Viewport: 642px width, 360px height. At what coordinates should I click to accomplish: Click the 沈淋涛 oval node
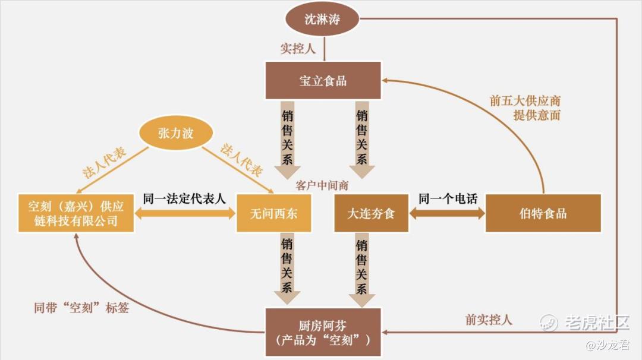[323, 19]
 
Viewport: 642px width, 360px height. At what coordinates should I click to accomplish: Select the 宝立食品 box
[323, 80]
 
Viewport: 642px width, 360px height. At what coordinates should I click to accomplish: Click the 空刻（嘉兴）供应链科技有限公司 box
[76, 213]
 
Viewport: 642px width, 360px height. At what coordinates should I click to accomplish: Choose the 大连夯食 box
[371, 213]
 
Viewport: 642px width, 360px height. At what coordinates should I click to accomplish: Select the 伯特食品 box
[543, 213]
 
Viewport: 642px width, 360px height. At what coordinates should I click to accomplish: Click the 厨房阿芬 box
[323, 331]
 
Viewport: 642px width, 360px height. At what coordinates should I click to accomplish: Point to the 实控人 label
[298, 49]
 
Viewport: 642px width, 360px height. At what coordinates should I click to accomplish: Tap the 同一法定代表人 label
[185, 198]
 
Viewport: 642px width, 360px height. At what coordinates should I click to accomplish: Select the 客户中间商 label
[322, 185]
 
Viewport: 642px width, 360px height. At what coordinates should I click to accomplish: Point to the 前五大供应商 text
[525, 101]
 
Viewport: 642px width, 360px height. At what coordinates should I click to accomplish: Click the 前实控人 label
[488, 320]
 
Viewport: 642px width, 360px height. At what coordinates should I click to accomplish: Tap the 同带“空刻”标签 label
[81, 308]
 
